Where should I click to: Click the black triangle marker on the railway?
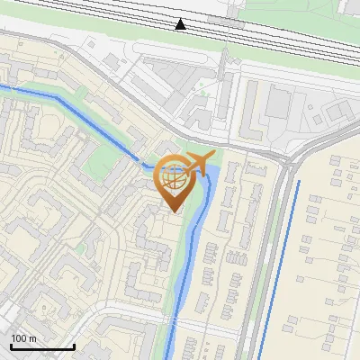(181, 24)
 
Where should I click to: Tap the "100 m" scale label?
(24, 337)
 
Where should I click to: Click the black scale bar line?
(42, 346)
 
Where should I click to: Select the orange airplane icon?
(200, 164)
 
